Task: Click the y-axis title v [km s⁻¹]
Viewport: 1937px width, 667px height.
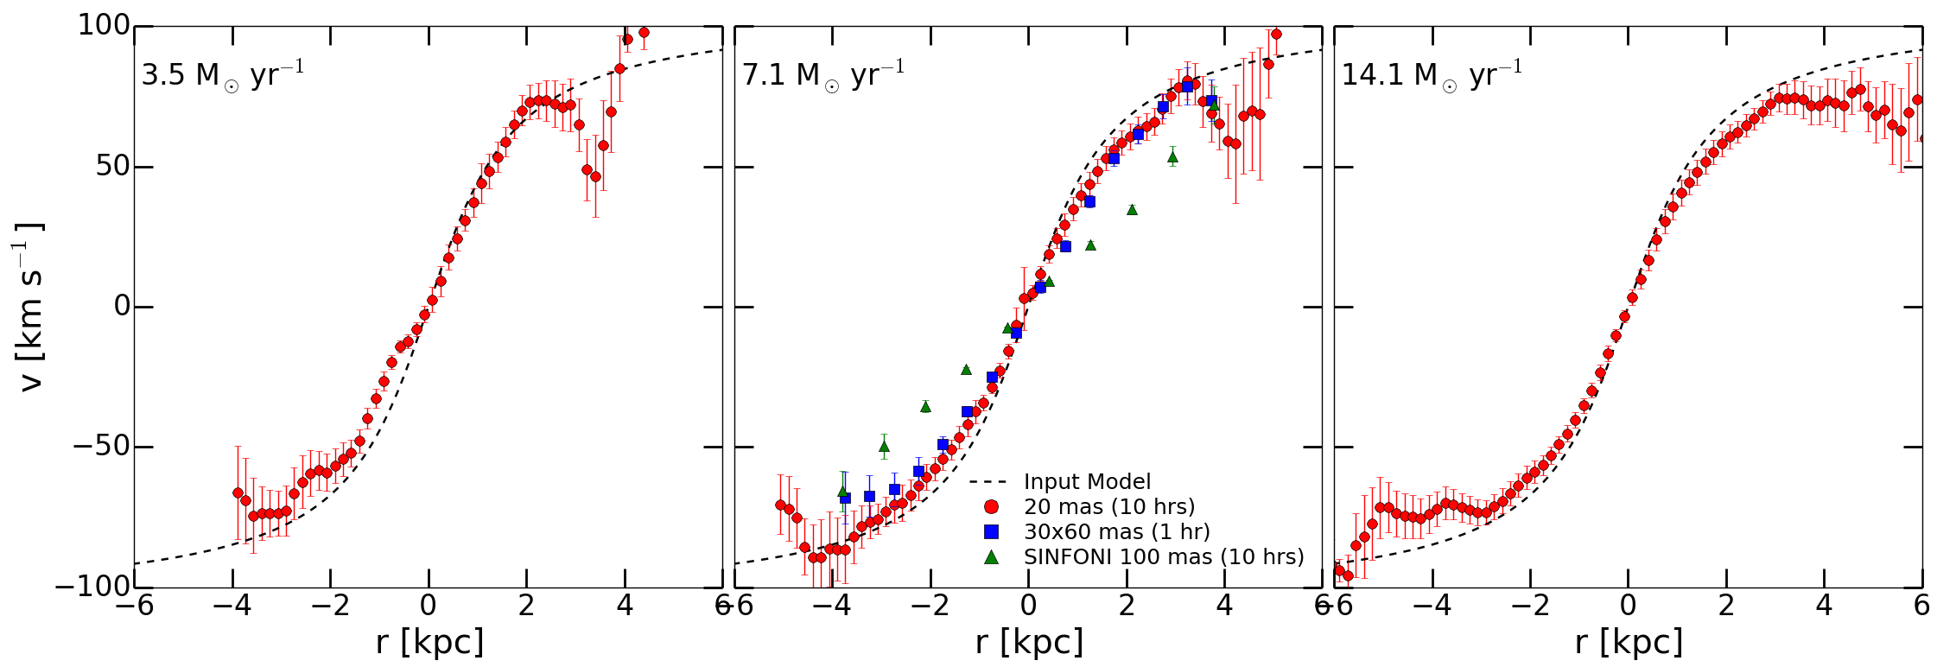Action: coord(29,307)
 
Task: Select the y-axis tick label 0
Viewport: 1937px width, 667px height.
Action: coord(121,307)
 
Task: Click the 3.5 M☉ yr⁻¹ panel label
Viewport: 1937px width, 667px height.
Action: coord(222,74)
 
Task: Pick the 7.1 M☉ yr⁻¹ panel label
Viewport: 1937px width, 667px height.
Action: coord(822,74)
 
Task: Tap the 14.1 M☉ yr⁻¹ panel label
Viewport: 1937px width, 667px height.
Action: coord(1431,74)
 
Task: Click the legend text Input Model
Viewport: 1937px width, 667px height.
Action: coord(1087,481)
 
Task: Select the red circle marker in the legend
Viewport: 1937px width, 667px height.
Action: coord(991,506)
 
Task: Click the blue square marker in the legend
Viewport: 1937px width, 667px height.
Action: coord(991,531)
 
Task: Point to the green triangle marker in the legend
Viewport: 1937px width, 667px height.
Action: coord(991,556)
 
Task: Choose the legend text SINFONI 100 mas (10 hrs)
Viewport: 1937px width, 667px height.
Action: coord(1164,556)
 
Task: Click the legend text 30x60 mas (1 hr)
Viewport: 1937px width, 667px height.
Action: coord(1116,531)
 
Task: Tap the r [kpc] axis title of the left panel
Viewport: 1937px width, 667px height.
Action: coord(429,643)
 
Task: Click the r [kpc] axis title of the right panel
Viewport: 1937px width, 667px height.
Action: coord(1629,643)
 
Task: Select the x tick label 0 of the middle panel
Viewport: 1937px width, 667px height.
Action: coord(1028,606)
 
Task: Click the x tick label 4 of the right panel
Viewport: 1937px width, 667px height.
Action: coord(1824,606)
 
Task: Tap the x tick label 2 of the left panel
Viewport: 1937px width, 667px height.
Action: coord(527,606)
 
